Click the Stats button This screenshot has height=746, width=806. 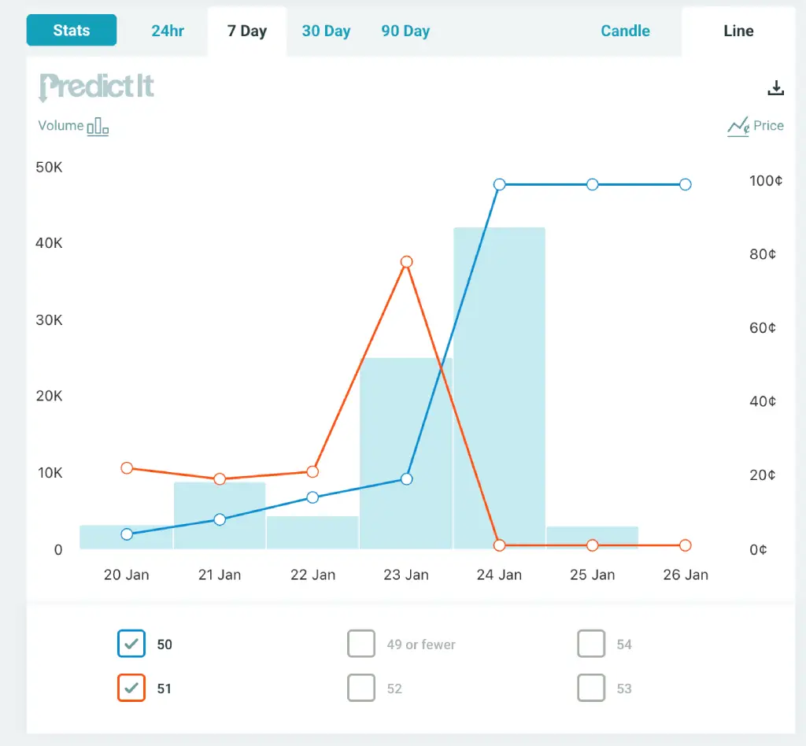(x=72, y=31)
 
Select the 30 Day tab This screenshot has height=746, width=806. (x=326, y=31)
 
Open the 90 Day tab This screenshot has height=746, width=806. (x=405, y=31)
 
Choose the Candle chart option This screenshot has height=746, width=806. (x=625, y=31)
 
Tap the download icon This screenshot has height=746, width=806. (x=775, y=88)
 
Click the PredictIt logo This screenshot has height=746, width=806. (x=97, y=87)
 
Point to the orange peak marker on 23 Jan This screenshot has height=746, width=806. (x=406, y=262)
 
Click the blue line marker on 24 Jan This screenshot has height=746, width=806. (x=499, y=184)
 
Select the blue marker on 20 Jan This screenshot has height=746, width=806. (x=127, y=534)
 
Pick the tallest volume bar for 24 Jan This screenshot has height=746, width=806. (x=499, y=388)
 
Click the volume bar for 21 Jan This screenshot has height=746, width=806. (x=220, y=515)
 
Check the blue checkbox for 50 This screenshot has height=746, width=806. (x=131, y=643)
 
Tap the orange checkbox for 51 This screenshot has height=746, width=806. (x=131, y=688)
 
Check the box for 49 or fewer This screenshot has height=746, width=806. (x=360, y=643)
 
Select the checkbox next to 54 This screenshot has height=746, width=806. (x=590, y=643)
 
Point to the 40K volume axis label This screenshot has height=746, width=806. (x=49, y=243)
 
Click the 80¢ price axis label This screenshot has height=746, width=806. (x=762, y=254)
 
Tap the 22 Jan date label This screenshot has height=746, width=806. (x=312, y=574)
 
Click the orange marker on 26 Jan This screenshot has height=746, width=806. (x=685, y=545)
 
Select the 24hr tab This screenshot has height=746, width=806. (x=168, y=31)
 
